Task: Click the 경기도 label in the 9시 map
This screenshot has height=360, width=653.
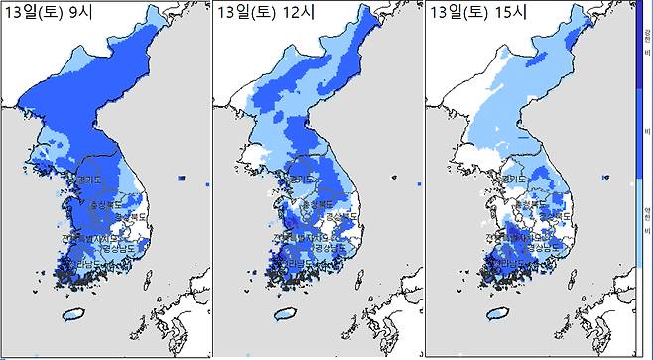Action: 94,180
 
